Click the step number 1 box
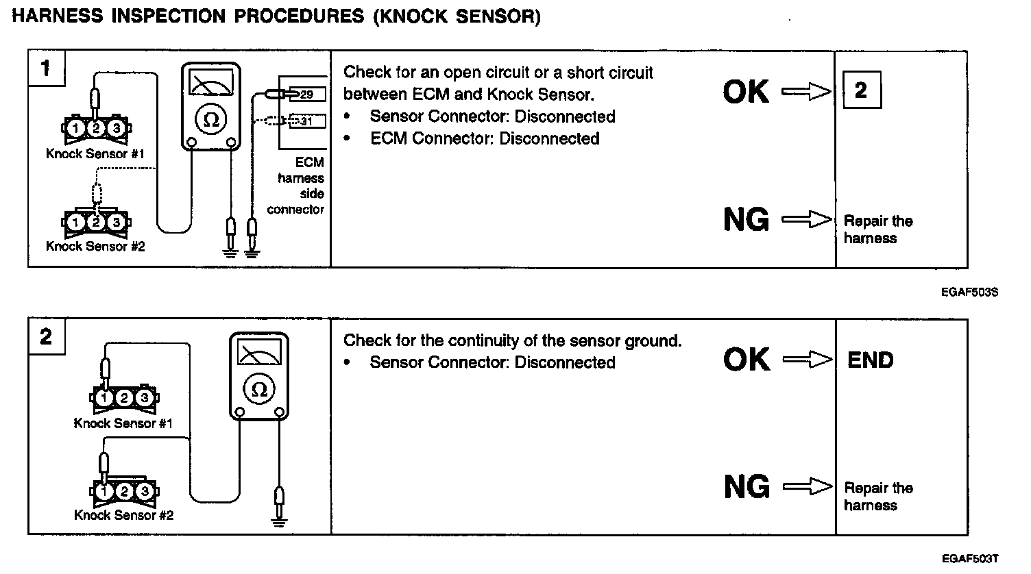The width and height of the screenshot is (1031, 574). point(46,68)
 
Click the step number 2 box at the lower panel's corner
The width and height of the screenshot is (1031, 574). point(46,337)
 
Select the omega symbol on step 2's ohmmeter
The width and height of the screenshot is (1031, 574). point(259,388)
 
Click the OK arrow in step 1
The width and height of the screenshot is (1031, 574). point(806,92)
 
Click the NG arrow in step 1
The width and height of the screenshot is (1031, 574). point(806,220)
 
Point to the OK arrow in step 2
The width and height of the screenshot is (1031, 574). point(806,360)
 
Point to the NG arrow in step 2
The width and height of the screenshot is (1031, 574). point(806,487)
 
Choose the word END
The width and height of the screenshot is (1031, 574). point(871,360)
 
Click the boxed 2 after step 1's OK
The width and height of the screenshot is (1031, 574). point(861,91)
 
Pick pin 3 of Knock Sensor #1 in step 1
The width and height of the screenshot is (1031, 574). point(117,128)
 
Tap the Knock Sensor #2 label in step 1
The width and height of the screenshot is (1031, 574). point(95,246)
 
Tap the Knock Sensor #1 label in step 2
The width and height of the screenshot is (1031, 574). point(123,423)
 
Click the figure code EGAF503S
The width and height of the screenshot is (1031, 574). point(969,292)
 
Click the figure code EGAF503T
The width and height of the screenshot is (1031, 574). point(969,559)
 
